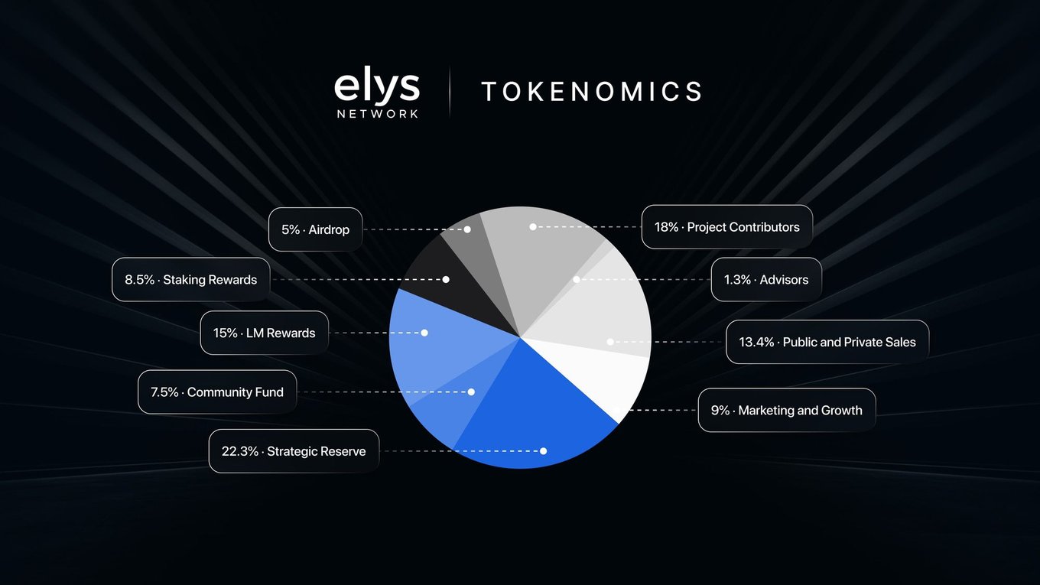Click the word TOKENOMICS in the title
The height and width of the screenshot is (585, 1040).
click(592, 91)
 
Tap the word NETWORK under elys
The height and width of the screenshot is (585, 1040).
click(378, 114)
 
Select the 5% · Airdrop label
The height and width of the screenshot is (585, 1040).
click(315, 229)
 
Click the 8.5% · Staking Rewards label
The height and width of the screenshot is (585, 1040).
click(191, 280)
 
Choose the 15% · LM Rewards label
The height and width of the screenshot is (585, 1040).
click(264, 333)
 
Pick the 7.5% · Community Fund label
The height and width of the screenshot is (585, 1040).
click(217, 392)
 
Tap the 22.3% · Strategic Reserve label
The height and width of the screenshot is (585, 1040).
click(294, 451)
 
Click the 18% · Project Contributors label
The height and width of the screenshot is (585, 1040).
click(727, 227)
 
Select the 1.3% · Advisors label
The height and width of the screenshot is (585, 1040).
click(766, 280)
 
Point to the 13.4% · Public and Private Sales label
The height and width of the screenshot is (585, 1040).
click(827, 342)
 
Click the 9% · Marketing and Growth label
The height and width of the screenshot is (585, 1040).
click(786, 410)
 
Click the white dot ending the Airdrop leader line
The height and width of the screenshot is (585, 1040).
click(467, 229)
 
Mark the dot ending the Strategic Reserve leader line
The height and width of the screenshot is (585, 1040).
click(543, 451)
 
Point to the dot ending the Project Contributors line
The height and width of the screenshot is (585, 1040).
click(533, 226)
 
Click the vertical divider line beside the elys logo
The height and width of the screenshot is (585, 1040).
click(450, 92)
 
